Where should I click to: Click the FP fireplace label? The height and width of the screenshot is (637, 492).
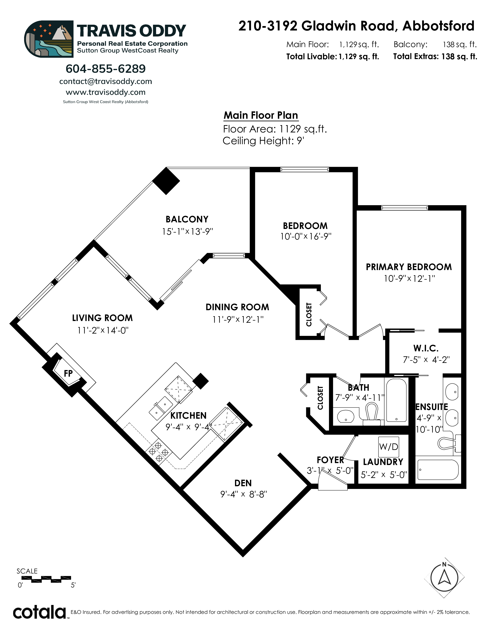[68, 373]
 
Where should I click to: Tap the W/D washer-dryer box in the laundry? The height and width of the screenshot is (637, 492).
[389, 446]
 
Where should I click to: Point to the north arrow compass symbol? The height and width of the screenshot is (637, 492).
[444, 578]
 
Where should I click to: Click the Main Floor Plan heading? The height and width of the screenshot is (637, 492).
[261, 115]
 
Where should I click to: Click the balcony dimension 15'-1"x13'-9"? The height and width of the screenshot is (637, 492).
[187, 232]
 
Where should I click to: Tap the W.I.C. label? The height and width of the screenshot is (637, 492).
[426, 348]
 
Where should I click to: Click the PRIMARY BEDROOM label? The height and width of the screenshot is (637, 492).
[409, 267]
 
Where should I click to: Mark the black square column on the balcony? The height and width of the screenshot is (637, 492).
[166, 181]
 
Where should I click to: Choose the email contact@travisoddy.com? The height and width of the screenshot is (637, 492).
[106, 81]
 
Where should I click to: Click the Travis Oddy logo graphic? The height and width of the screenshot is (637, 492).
[49, 39]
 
